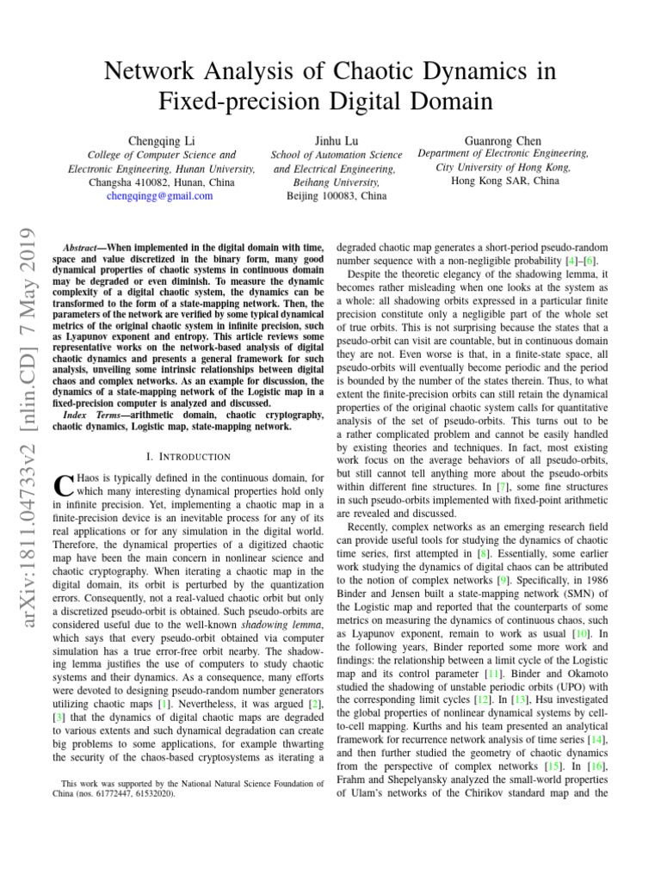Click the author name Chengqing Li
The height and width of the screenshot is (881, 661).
click(x=162, y=139)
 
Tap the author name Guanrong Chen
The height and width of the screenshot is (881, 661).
click(x=503, y=139)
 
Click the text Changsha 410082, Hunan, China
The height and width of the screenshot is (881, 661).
click(x=162, y=183)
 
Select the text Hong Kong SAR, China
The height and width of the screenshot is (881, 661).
click(x=503, y=182)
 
